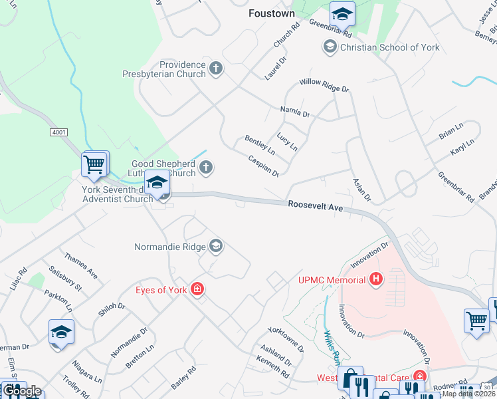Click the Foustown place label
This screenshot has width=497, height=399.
click(271, 13)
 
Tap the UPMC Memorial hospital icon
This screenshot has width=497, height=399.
click(376, 279)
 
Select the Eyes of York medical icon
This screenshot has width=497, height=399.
click(197, 289)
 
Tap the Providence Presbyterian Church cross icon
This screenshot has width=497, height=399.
click(215, 67)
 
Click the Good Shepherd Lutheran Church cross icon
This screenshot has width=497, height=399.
click(207, 167)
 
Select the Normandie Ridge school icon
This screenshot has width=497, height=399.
click(215, 247)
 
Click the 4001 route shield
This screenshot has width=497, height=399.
click(58, 133)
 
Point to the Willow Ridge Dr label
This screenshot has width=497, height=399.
click(324, 85)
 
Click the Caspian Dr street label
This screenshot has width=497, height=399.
click(264, 166)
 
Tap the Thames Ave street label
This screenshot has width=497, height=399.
click(81, 265)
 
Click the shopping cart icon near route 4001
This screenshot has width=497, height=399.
click(94, 164)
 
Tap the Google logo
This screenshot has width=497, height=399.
click(21, 390)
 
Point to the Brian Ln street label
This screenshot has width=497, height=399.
click(451, 132)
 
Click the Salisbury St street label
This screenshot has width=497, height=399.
click(69, 279)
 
